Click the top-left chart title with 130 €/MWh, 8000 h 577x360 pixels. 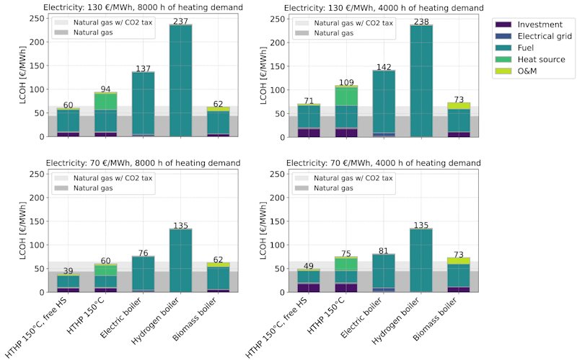(141, 7)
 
